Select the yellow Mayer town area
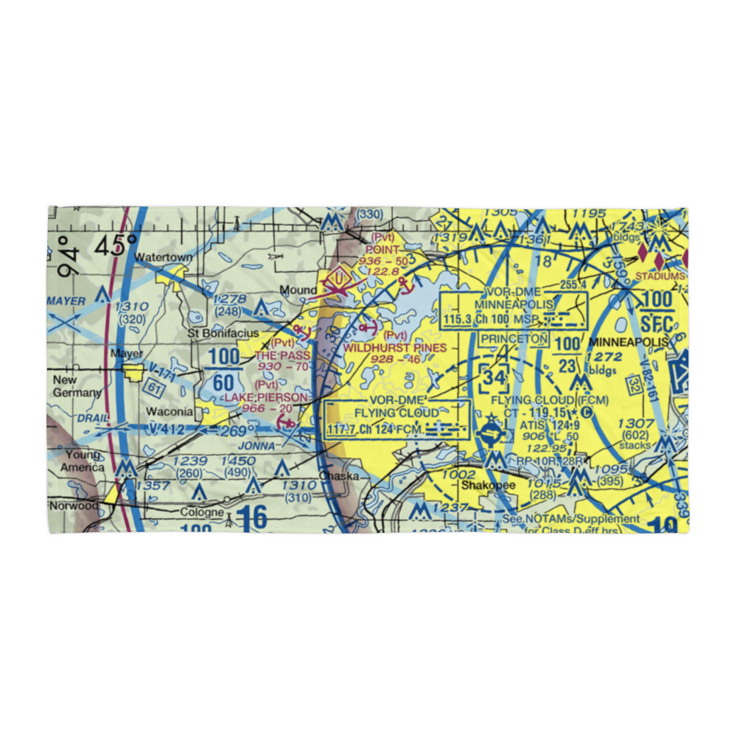[134, 373]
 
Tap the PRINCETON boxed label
[514, 339]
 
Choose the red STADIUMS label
[659, 276]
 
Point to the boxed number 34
[495, 379]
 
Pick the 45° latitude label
[116, 245]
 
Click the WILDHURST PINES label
[395, 347]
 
